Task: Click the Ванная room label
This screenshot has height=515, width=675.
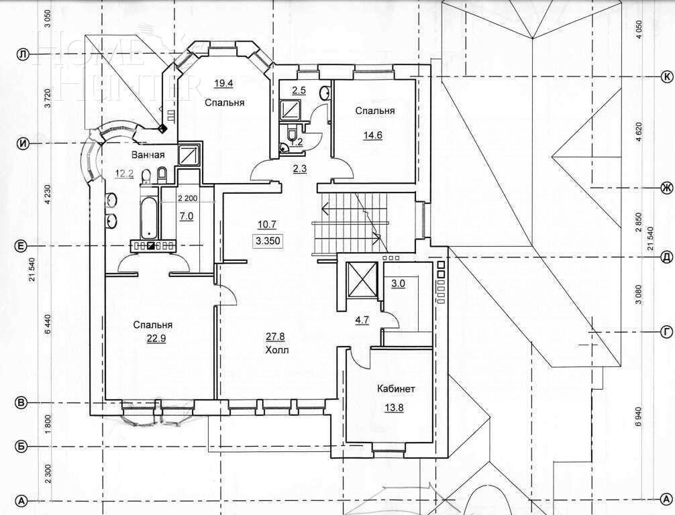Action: pos(148,155)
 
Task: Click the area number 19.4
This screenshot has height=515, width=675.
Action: pos(223,83)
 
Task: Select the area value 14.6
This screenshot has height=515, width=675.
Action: pos(374,134)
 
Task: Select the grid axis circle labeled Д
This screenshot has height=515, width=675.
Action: pos(666,256)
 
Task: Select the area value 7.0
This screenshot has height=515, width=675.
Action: pos(186,216)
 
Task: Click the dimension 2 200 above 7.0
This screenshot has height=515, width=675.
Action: pos(188,198)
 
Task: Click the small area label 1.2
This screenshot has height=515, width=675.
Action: pos(296,142)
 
